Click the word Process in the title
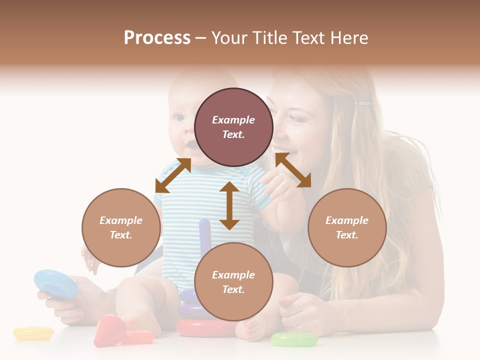pyautogui.click(x=157, y=38)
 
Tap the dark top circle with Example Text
pyautogui.click(x=233, y=127)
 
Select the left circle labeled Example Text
pyautogui.click(x=121, y=227)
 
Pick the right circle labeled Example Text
pyautogui.click(x=347, y=227)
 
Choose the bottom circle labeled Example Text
pyautogui.click(x=233, y=282)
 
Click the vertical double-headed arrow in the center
pyautogui.click(x=229, y=205)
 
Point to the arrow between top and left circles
pyautogui.click(x=173, y=175)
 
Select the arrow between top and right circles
pyautogui.click(x=293, y=170)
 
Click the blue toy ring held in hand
pyautogui.click(x=55, y=283)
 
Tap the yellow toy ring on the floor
pyautogui.click(x=33, y=333)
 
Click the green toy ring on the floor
pyautogui.click(x=294, y=339)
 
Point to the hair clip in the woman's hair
pyautogui.click(x=363, y=104)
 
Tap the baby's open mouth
pyautogui.click(x=191, y=145)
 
